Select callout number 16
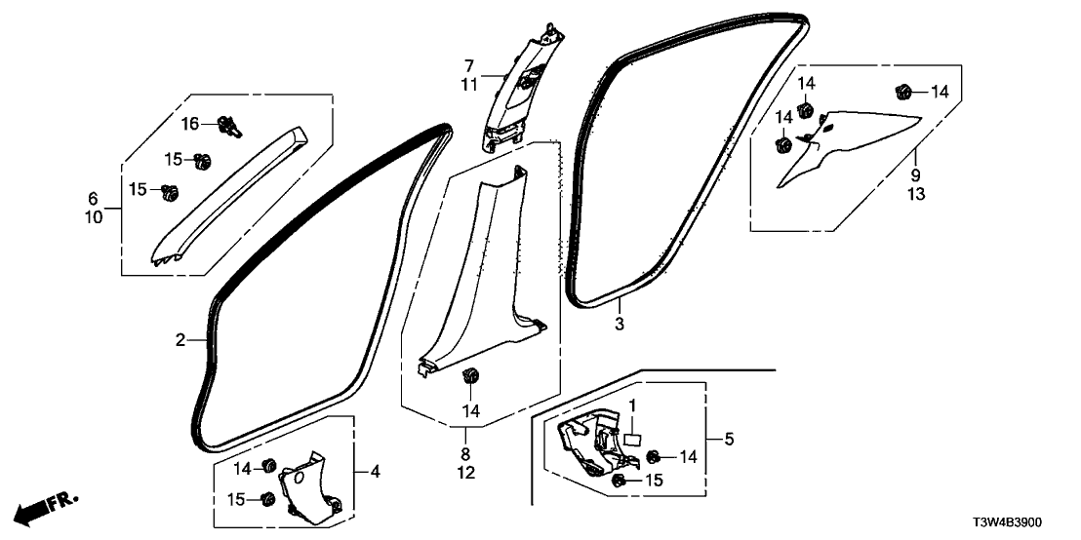coord(188,122)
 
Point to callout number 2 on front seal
coord(180,340)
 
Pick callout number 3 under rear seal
coord(619,322)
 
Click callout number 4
coord(376,472)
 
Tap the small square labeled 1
coord(630,440)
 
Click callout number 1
coord(632,405)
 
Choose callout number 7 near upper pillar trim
coord(468,65)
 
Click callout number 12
coord(466,472)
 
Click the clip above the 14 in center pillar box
coord(470,376)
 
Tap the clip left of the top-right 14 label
coord(902,93)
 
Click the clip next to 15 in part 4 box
coord(265,499)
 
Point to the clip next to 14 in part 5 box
coord(654,456)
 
